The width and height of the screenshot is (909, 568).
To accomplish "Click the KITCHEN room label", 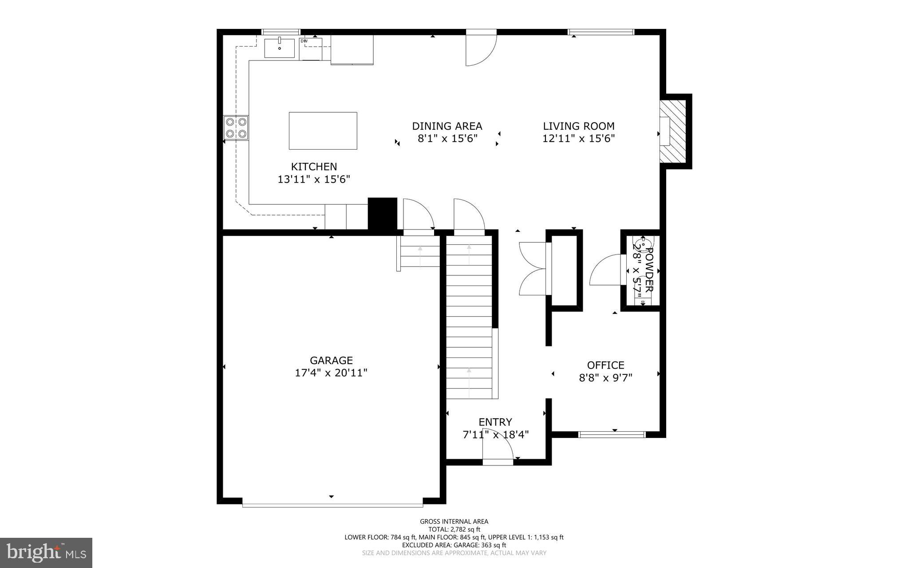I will [314, 167].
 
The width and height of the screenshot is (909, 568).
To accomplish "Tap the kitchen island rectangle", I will [323, 131].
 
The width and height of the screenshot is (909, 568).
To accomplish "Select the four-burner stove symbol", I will [236, 127].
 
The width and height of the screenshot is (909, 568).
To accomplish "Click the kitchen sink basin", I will [280, 48].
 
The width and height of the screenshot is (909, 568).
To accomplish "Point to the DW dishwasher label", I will [304, 41].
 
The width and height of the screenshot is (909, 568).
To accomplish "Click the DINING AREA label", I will [447, 126].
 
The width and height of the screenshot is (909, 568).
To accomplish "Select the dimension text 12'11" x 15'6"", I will [578, 139].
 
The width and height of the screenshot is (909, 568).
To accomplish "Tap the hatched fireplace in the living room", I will [673, 131].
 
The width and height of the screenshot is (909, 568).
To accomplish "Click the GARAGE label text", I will [331, 360].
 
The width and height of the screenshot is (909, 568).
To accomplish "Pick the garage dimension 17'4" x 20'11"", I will [331, 373].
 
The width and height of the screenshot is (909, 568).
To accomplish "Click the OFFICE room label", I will [605, 365].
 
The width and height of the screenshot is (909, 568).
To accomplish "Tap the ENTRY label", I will [495, 422].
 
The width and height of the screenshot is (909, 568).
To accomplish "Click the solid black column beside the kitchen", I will [382, 214].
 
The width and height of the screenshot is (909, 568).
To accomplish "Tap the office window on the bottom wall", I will [612, 434].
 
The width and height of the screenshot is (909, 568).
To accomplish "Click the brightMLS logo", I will [46, 552].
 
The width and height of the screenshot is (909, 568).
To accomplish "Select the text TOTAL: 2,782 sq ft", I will [454, 529].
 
